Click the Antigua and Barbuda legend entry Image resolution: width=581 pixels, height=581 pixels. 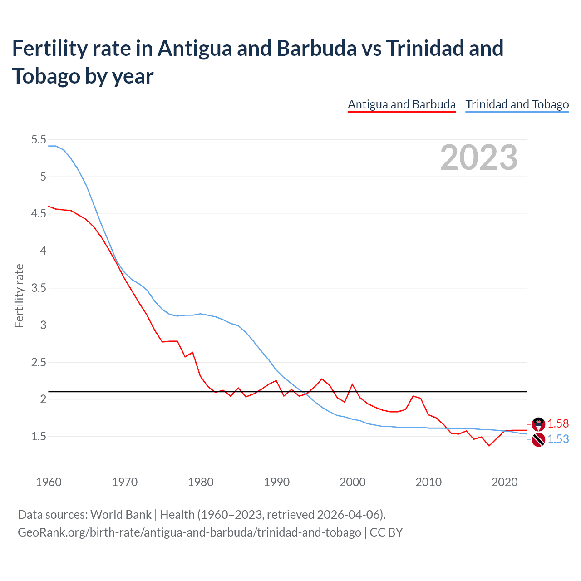click(401, 104)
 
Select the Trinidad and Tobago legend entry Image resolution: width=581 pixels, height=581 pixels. click(517, 104)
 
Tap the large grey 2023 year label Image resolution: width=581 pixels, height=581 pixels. click(478, 158)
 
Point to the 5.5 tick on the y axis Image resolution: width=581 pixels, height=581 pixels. click(39, 139)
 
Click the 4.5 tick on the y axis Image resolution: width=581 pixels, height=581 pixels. click(39, 213)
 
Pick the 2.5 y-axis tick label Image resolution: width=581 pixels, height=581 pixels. click(39, 362)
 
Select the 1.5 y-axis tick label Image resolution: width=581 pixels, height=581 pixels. click(39, 436)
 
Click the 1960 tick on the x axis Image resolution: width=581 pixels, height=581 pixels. click(49, 482)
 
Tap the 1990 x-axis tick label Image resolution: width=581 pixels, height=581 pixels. click(276, 482)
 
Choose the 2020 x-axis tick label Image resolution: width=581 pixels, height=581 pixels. click(504, 482)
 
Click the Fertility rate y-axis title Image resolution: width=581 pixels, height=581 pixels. click(19, 295)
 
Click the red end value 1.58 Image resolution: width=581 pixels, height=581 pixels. click(558, 423)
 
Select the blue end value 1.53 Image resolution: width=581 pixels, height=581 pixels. click(558, 439)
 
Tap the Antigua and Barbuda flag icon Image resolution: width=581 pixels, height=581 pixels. click(538, 424)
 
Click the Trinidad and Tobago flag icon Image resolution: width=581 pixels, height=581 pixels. click(538, 439)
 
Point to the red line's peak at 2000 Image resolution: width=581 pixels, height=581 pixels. click(352, 384)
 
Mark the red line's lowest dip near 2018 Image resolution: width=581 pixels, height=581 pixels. click(489, 446)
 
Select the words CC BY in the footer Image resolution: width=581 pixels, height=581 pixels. click(386, 532)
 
